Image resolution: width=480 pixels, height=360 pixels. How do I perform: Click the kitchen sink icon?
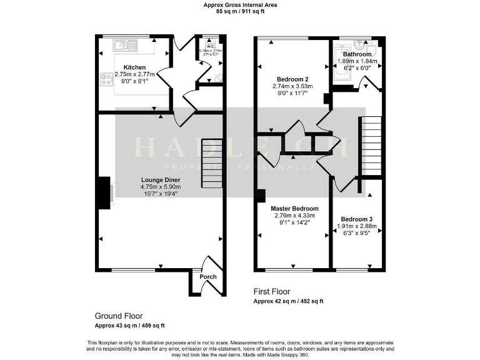coord(126,45)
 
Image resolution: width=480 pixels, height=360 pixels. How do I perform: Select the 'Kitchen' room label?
coord(134,67)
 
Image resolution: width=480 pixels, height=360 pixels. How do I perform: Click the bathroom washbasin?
coord(359,45)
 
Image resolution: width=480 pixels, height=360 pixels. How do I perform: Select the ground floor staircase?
coord(211,163)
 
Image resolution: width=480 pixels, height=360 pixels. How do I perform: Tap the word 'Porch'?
coord(207,277)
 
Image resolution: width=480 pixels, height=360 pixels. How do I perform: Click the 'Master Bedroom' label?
coord(294,209)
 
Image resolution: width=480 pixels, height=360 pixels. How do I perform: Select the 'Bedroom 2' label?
coord(292,79)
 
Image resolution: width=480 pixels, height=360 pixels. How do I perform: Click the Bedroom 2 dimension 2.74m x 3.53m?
coord(292,86)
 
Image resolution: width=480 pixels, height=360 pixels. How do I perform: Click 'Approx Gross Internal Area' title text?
coord(239,5)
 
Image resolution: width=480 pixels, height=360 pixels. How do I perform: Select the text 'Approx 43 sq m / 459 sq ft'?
coord(129,326)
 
